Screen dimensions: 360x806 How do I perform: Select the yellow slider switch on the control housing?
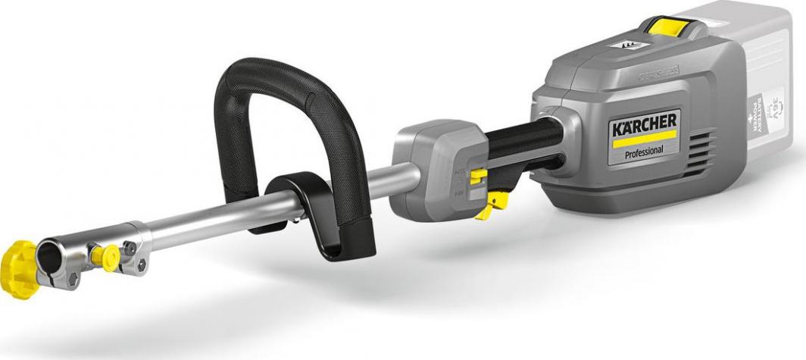pos(479,177)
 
